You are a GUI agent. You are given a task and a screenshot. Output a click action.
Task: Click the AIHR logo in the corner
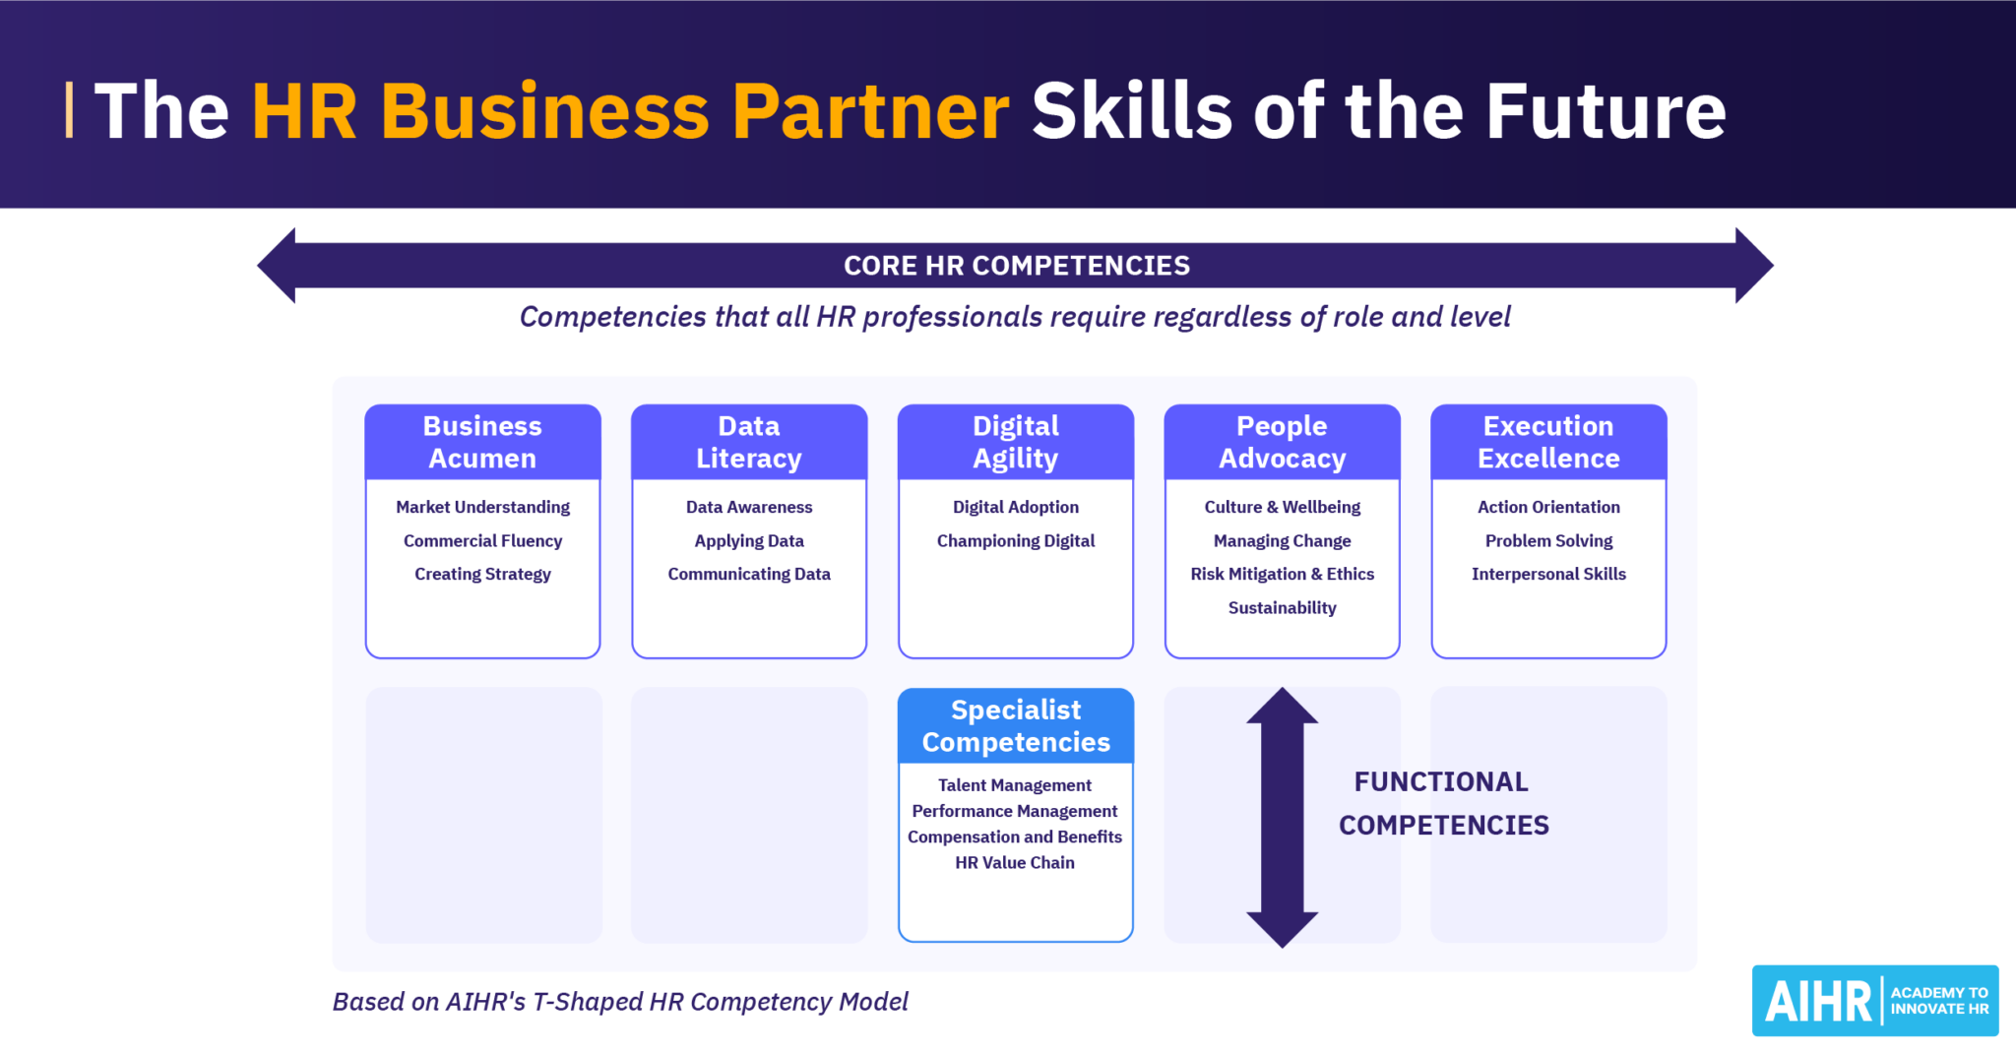[x=1874, y=1001]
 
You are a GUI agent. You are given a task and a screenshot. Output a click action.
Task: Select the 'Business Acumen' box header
[x=482, y=442]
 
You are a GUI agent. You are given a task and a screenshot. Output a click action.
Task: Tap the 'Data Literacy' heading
[x=749, y=442]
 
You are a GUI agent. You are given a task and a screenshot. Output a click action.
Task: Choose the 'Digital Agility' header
[x=1016, y=442]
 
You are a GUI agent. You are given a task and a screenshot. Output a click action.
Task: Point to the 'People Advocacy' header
[x=1282, y=442]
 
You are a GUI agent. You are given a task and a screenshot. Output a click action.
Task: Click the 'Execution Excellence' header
[x=1548, y=442]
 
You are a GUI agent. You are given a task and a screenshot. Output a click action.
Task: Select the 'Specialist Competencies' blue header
[x=1016, y=726]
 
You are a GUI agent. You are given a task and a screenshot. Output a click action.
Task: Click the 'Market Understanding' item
[x=482, y=507]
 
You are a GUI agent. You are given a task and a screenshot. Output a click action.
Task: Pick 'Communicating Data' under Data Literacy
[x=749, y=574]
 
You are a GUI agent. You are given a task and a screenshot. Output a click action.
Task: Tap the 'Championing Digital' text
[x=1016, y=540]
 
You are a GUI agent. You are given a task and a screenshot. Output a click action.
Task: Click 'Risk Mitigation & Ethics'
[x=1282, y=574]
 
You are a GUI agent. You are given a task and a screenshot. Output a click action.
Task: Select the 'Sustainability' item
[x=1282, y=608]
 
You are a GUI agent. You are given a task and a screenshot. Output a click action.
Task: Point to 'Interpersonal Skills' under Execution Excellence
[x=1548, y=574]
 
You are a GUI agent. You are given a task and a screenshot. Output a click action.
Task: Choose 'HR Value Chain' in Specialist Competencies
[x=1015, y=863]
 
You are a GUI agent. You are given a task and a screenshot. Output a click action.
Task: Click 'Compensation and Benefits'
[x=1015, y=837]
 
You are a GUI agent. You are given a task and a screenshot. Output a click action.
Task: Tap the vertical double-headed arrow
[x=1282, y=817]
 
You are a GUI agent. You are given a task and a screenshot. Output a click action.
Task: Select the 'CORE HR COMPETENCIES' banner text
[x=1017, y=266]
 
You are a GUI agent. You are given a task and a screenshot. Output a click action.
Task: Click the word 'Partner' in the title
[x=870, y=111]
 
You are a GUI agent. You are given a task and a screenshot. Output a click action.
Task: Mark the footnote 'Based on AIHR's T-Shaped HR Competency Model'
[x=620, y=1002]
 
